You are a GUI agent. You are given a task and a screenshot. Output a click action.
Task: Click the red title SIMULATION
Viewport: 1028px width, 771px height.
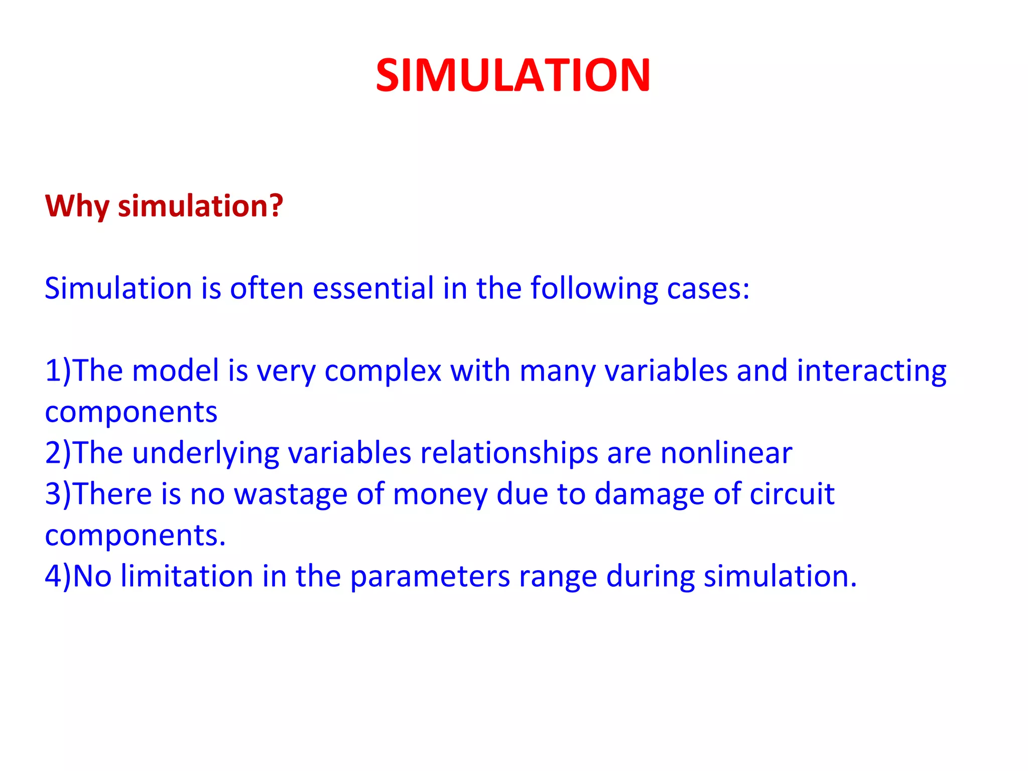click(x=513, y=75)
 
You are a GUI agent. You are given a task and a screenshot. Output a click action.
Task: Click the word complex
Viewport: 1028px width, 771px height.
click(x=382, y=371)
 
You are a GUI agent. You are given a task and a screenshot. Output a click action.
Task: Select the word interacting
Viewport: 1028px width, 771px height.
click(x=871, y=371)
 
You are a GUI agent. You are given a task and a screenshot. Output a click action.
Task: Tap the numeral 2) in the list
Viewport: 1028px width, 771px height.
click(x=58, y=453)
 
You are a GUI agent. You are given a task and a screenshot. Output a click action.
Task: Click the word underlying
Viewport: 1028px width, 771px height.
click(x=205, y=454)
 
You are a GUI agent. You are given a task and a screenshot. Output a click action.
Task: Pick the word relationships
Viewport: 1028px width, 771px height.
click(x=509, y=454)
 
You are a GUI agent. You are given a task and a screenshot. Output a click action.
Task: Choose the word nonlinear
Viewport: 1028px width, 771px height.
click(x=726, y=453)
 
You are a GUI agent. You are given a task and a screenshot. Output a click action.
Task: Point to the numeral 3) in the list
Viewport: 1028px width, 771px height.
click(x=58, y=494)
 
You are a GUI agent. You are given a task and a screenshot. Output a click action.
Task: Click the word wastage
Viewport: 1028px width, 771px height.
click(x=291, y=495)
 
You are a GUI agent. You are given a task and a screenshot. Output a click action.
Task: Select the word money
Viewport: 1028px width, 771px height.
click(x=440, y=495)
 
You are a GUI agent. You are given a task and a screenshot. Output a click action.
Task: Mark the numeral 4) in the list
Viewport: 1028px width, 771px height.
click(x=58, y=576)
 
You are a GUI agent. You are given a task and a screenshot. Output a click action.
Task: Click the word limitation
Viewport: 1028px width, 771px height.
click(x=187, y=576)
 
